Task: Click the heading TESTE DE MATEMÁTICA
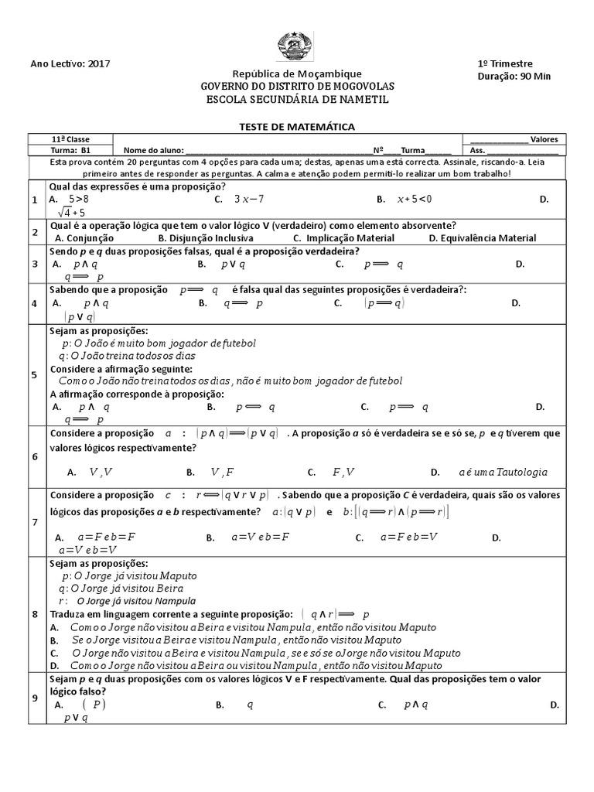tap(295, 126)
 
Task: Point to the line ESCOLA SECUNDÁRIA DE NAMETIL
tap(297, 100)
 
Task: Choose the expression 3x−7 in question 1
tap(249, 199)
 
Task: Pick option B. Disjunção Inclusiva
tap(200, 238)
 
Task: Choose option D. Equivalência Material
tap(482, 238)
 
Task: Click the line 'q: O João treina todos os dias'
tap(128, 356)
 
